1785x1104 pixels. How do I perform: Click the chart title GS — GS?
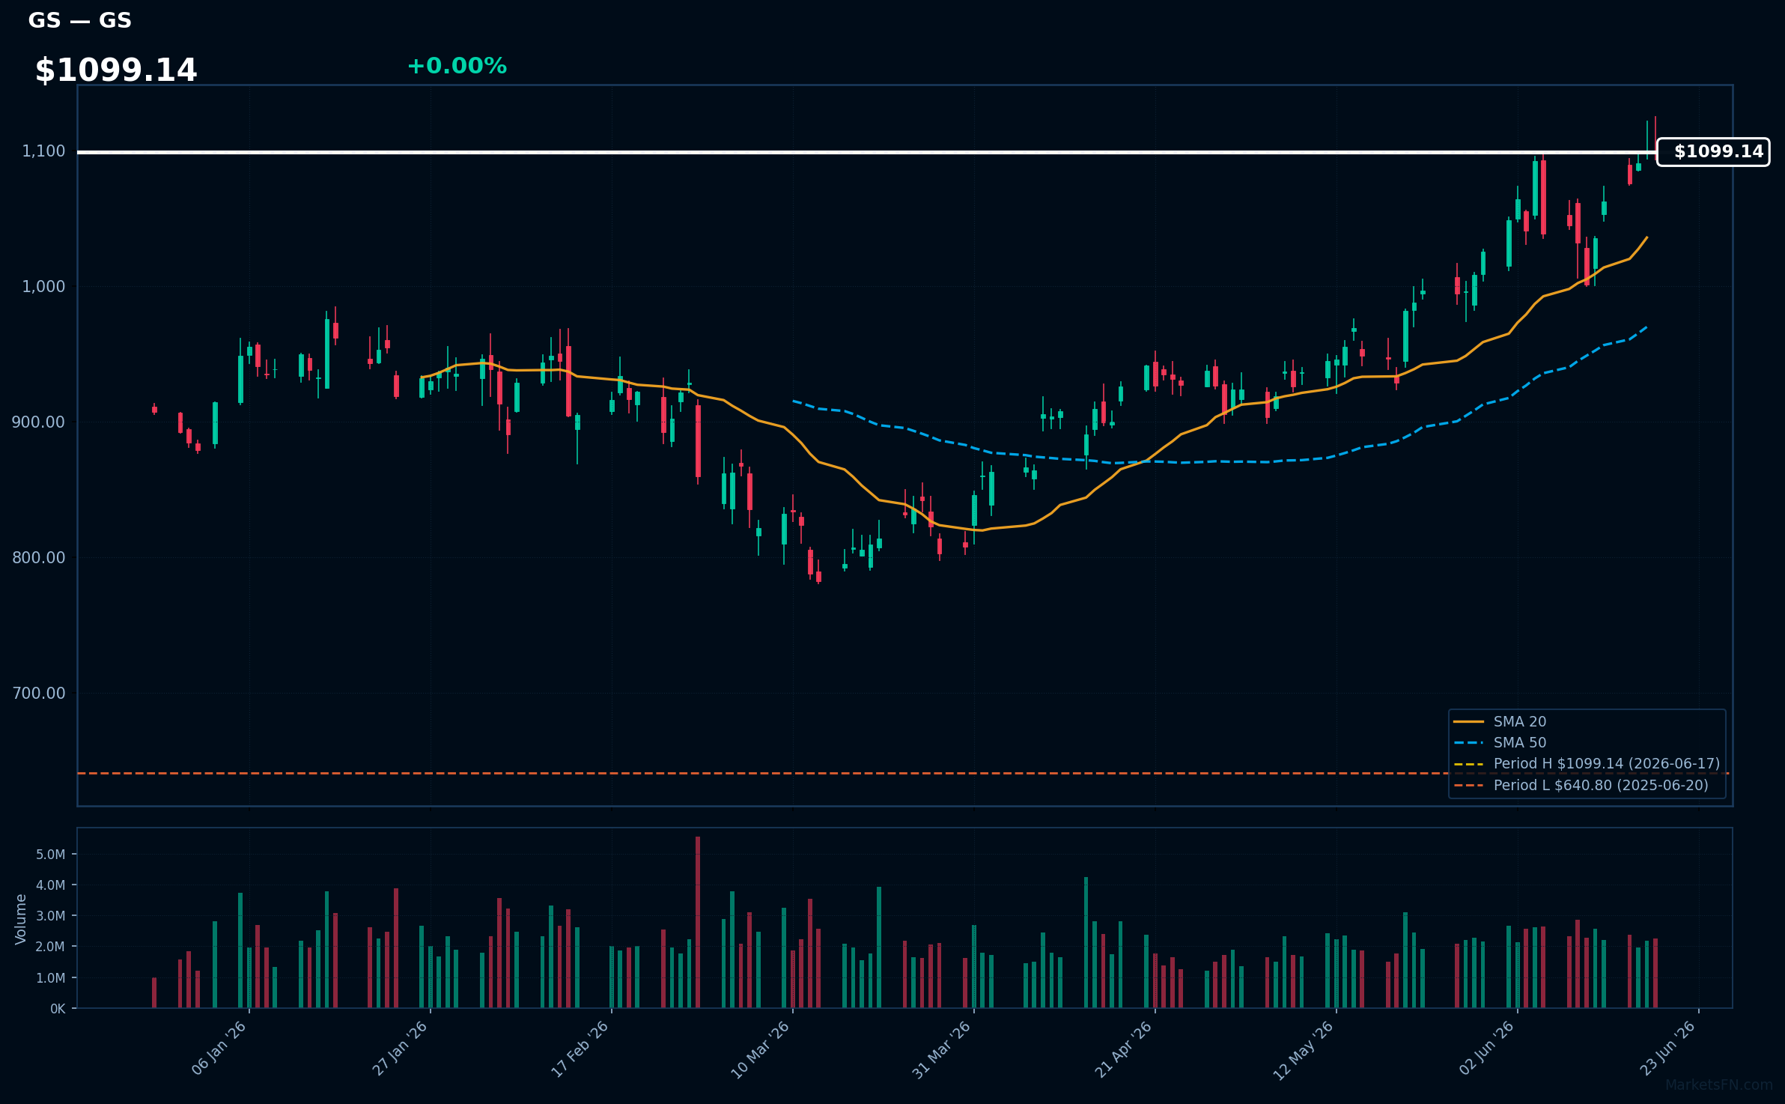click(80, 20)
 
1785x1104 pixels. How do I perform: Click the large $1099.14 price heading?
click(116, 70)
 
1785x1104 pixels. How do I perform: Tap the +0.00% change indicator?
click(457, 66)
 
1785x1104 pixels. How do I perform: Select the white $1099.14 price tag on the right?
click(1713, 152)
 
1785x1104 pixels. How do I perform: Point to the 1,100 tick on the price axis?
click(43, 151)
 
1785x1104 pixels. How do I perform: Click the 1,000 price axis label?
click(43, 287)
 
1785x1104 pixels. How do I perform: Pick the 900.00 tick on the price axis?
click(39, 422)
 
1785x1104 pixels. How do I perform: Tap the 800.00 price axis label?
click(39, 558)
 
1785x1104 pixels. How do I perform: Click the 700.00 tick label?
click(39, 694)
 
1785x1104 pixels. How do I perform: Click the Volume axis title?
click(21, 919)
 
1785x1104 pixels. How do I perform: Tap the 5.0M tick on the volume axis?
click(51, 855)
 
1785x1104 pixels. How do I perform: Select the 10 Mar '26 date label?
click(760, 1050)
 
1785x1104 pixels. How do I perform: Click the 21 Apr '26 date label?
click(1122, 1050)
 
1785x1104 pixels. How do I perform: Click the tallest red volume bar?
click(698, 922)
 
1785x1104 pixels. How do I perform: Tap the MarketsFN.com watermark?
click(1719, 1085)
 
